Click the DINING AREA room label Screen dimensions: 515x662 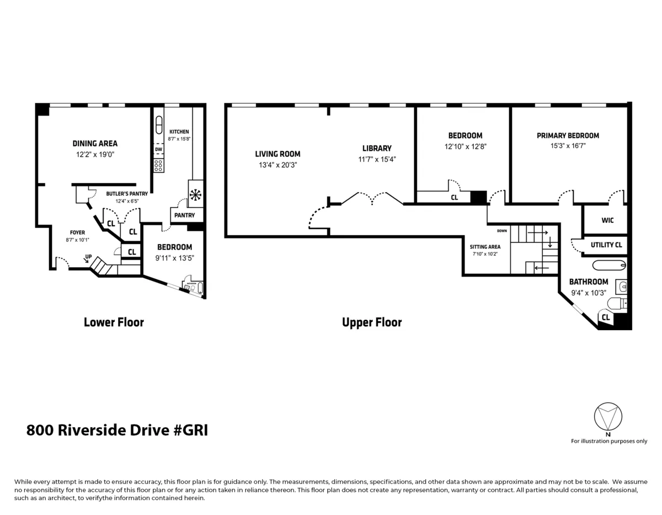[x=95, y=144]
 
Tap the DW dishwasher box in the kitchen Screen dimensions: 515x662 [x=158, y=150]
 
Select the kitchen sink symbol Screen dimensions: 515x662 [x=159, y=123]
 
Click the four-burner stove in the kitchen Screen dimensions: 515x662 [x=158, y=165]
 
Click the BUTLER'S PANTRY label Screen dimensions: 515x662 [x=127, y=194]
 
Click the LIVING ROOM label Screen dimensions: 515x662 [x=277, y=154]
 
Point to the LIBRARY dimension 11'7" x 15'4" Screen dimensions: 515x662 [x=377, y=159]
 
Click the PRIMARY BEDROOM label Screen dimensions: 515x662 [x=568, y=135]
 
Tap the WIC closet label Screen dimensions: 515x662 [x=607, y=220]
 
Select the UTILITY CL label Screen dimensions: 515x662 [x=606, y=245]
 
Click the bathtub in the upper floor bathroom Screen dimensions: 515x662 [x=605, y=265]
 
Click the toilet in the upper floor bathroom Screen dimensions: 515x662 [x=617, y=303]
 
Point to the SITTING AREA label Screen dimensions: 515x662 [x=485, y=247]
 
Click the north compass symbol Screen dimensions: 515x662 [x=607, y=417]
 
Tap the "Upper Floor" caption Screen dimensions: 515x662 [x=372, y=322]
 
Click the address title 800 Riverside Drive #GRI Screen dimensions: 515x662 [x=117, y=431]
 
